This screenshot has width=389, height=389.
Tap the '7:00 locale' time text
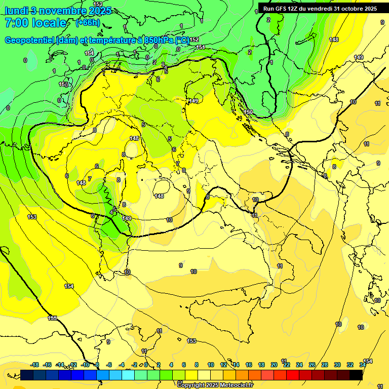(35, 23)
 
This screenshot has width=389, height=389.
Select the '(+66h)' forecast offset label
(88, 23)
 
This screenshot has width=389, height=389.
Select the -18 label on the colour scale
(35, 365)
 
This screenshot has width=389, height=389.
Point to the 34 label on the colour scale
(363, 365)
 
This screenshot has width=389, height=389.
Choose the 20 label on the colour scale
(274, 365)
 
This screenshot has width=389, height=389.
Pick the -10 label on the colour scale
(85, 365)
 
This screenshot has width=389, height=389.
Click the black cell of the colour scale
(356, 375)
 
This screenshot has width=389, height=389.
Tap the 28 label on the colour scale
(325, 365)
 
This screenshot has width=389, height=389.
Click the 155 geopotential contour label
(53, 318)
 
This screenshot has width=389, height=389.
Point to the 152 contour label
(194, 40)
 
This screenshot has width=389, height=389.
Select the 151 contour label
(201, 47)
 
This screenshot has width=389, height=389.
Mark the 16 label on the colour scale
(249, 365)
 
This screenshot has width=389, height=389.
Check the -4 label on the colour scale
(122, 365)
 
